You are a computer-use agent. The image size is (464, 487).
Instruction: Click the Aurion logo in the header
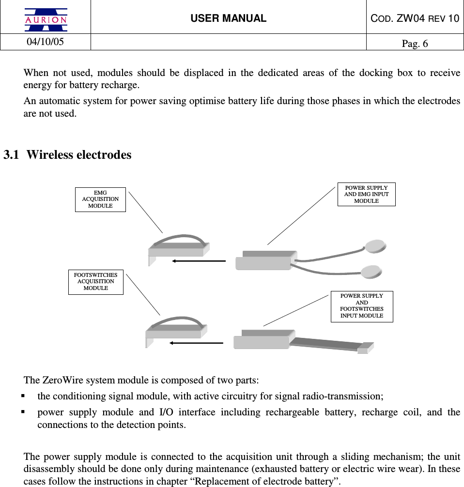pyautogui.click(x=46, y=19)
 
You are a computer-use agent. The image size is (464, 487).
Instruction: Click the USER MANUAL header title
pyautogui.click(x=228, y=18)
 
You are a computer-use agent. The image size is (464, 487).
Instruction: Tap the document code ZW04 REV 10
pyautogui.click(x=415, y=18)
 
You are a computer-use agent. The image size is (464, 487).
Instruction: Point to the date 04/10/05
pyautogui.click(x=45, y=42)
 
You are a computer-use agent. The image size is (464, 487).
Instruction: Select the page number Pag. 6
pyautogui.click(x=415, y=44)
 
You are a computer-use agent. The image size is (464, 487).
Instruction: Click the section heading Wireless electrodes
pyautogui.click(x=79, y=155)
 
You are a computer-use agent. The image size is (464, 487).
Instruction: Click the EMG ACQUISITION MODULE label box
pyautogui.click(x=100, y=199)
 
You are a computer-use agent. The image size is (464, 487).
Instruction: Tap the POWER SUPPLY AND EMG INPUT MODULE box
pyautogui.click(x=366, y=194)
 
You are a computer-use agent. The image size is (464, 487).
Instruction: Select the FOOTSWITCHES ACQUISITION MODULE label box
pyautogui.click(x=96, y=282)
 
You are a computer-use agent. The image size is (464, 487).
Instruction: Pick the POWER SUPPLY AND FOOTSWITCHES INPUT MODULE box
pyautogui.click(x=361, y=306)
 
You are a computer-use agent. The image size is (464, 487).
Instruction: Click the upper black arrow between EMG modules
pyautogui.click(x=199, y=261)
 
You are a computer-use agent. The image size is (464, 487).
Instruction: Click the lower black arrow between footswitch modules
pyautogui.click(x=196, y=343)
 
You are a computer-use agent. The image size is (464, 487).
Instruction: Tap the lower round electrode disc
pyautogui.click(x=371, y=272)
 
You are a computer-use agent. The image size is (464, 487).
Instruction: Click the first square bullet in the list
pyautogui.click(x=23, y=396)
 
